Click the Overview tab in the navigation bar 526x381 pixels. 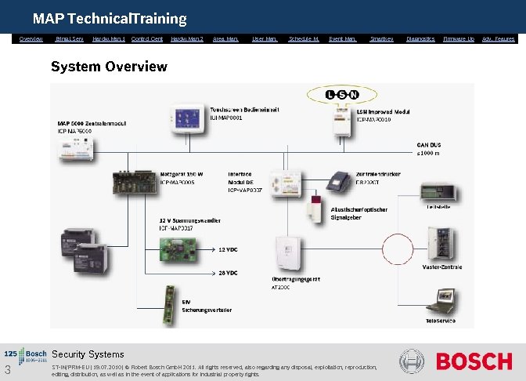click(x=31, y=38)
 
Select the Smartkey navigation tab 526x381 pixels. click(x=381, y=38)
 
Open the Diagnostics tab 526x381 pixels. click(x=420, y=38)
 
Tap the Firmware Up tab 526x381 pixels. click(x=459, y=38)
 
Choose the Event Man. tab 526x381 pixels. click(x=343, y=38)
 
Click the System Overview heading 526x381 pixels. click(x=109, y=66)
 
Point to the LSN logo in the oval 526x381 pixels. click(x=341, y=96)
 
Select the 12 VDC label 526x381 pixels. click(x=227, y=249)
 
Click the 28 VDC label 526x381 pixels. click(x=227, y=273)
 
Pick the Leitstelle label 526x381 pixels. click(x=438, y=207)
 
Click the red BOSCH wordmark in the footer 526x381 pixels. click(x=474, y=362)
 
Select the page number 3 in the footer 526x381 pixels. click(x=6, y=371)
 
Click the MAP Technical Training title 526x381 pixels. click(x=110, y=18)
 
